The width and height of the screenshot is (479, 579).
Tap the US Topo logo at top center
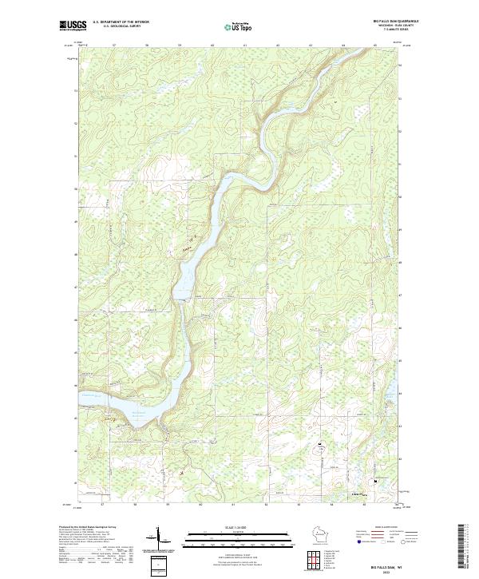click(239, 26)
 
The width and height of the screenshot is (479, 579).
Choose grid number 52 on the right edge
click(400, 123)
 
